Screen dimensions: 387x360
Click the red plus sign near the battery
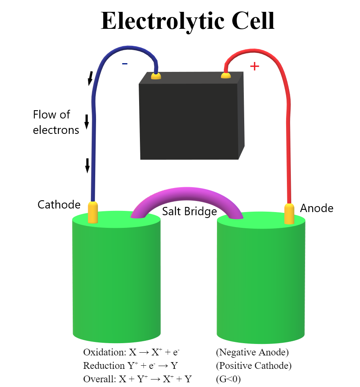255,66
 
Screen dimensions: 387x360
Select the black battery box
190,118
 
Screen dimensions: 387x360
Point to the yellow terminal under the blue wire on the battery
156,75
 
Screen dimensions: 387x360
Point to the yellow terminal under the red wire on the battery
226,75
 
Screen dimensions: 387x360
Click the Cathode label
59,205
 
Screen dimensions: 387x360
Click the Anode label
317,208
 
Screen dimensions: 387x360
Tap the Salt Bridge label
189,212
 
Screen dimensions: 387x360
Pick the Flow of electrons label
55,122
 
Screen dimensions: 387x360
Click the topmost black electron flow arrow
90,78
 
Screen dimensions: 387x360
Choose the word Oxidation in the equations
99,352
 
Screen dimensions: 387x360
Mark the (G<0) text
228,379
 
